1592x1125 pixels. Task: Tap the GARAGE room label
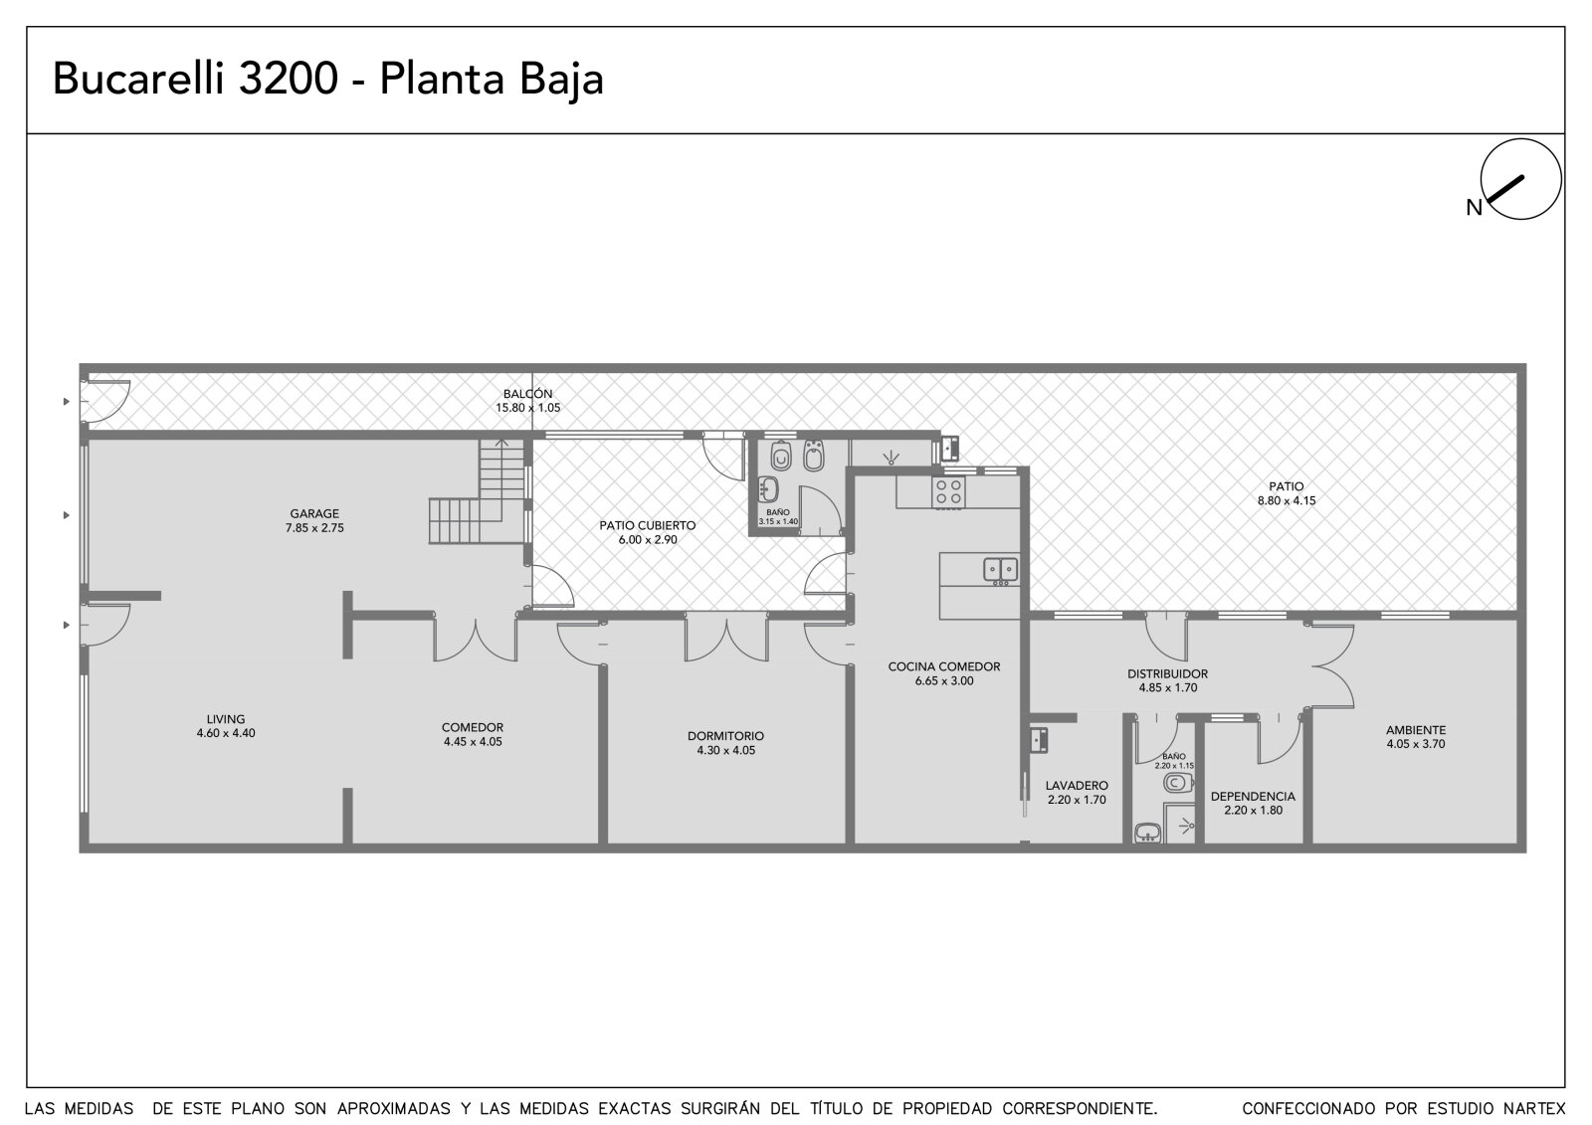coord(314,514)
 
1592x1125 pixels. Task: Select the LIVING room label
coord(225,719)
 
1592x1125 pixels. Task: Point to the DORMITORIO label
coord(725,736)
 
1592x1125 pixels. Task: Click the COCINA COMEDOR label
coord(944,666)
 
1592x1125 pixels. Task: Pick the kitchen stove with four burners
coord(949,491)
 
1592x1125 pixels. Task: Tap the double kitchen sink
coord(1001,569)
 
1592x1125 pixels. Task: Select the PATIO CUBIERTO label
coord(648,526)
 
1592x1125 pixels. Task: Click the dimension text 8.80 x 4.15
coord(1287,500)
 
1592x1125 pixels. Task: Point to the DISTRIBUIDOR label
coord(1168,673)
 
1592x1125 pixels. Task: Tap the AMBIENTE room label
coord(1416,730)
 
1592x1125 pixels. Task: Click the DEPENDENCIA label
coord(1253,797)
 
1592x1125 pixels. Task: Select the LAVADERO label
coord(1077,785)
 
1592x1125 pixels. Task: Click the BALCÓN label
coord(528,394)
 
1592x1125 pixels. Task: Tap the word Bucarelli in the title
coord(138,79)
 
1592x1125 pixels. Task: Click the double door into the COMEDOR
coord(476,640)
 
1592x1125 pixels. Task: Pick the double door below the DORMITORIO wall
coord(726,640)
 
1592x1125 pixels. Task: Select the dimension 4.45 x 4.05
coord(473,741)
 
